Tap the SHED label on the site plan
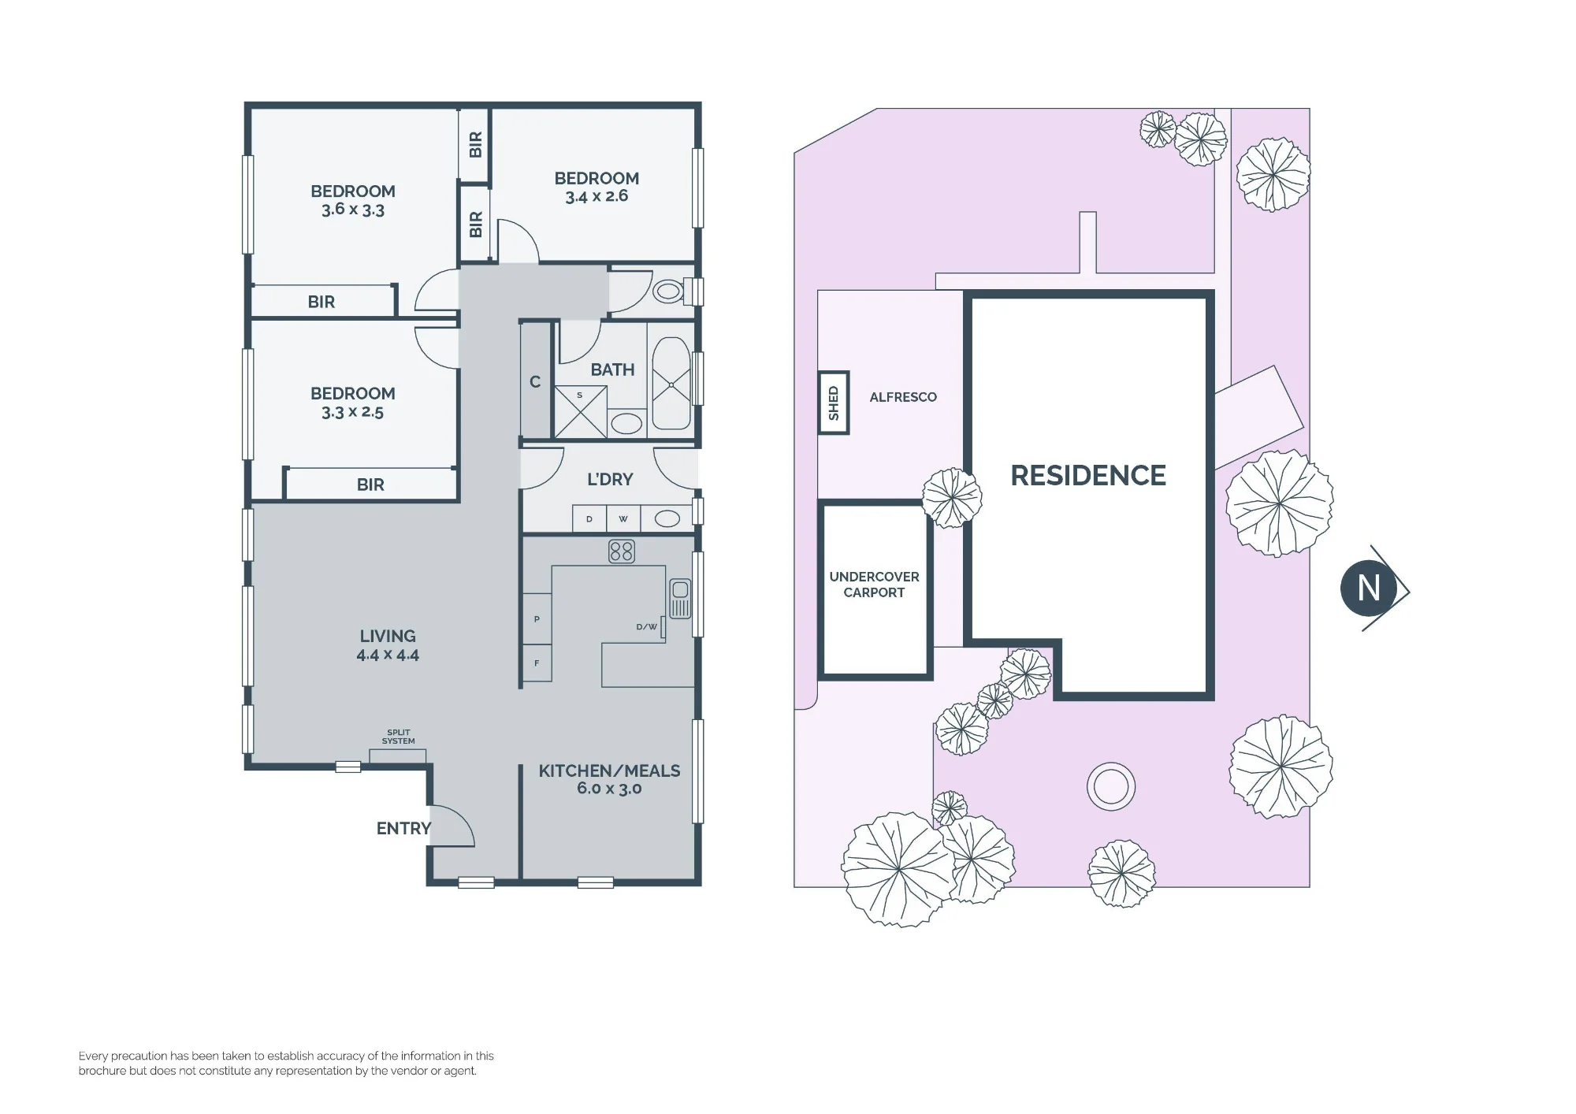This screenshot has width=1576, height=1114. pos(834,403)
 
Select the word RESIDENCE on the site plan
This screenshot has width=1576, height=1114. pos(1088,476)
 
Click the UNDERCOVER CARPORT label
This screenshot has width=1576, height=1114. pos(874,585)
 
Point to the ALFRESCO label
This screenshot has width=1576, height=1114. pos(903,397)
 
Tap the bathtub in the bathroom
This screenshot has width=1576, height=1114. pos(671,384)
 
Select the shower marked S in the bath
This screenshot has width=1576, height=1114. pos(580,411)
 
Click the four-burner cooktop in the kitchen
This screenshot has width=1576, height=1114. pos(622,551)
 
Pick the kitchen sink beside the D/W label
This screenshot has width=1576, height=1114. pos(680,599)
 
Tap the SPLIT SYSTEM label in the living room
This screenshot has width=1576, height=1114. pos(398,737)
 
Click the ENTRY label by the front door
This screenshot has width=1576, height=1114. pos(403,828)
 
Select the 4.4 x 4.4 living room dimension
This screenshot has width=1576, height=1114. pos(388,655)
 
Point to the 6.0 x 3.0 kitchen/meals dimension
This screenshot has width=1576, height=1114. pos(609,789)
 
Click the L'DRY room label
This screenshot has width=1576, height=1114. pos(610,479)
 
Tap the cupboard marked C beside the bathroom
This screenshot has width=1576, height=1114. pos(535,381)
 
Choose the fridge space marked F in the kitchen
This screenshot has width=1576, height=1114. pos(537,663)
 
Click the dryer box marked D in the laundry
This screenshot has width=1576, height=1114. pos(589,519)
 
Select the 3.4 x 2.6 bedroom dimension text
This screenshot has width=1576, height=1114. pos(597,196)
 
